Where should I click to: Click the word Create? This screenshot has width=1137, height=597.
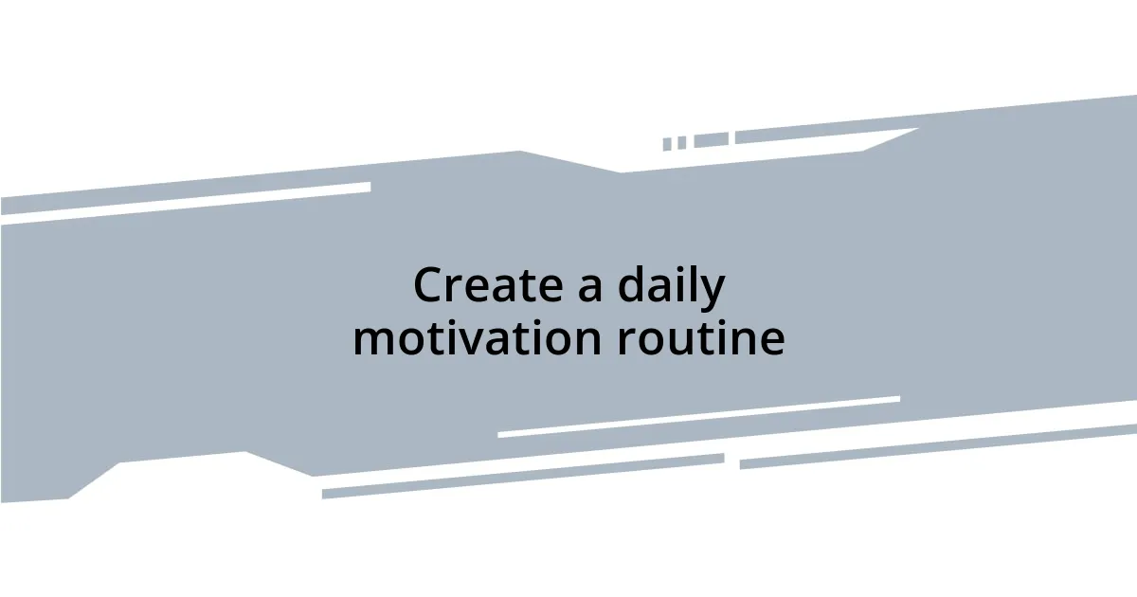pyautogui.click(x=490, y=286)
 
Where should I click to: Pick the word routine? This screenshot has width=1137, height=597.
pyautogui.click(x=700, y=339)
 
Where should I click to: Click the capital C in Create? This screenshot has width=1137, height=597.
pyautogui.click(x=430, y=286)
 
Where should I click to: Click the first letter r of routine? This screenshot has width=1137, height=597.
pyautogui.click(x=626, y=341)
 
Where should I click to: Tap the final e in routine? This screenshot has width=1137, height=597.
pyautogui.click(x=770, y=341)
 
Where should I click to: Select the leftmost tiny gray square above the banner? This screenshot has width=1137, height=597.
pyautogui.click(x=667, y=144)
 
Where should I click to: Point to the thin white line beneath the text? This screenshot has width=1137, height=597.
pyautogui.click(x=698, y=417)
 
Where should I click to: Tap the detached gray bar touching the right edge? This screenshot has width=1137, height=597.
pyautogui.click(x=938, y=447)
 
